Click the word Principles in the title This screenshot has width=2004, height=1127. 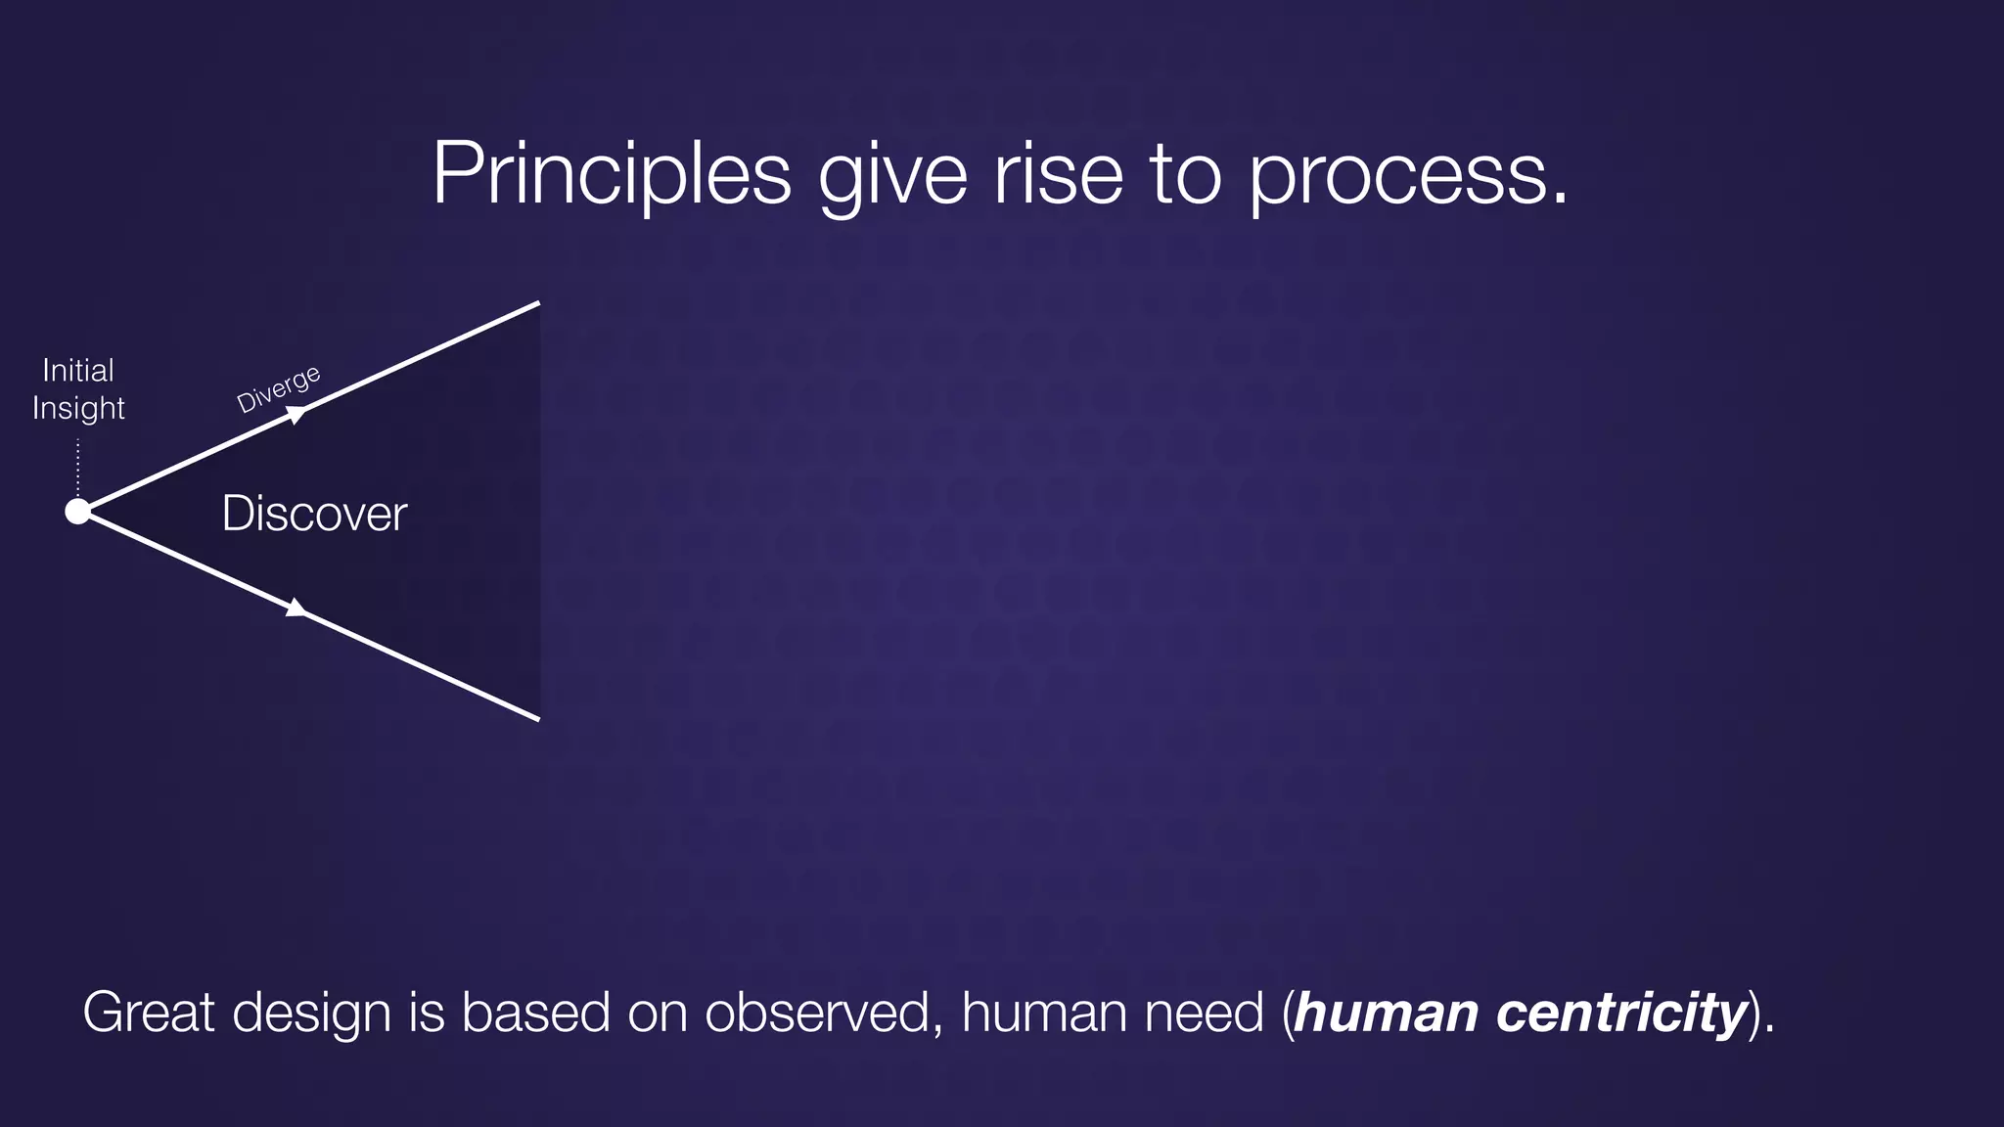(x=612, y=174)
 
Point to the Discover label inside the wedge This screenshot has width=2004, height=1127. (x=314, y=514)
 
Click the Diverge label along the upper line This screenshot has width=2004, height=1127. (x=279, y=388)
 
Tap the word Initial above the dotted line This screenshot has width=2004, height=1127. (x=78, y=370)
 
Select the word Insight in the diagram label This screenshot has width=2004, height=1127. (x=78, y=408)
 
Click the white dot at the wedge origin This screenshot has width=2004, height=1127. (x=77, y=512)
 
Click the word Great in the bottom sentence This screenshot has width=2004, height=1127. (x=149, y=1012)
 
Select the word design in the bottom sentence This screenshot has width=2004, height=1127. (x=312, y=1014)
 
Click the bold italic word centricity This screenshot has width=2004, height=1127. (x=1621, y=1014)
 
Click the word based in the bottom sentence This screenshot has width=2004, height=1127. (x=536, y=1012)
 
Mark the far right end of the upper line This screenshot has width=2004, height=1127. (x=537, y=304)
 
